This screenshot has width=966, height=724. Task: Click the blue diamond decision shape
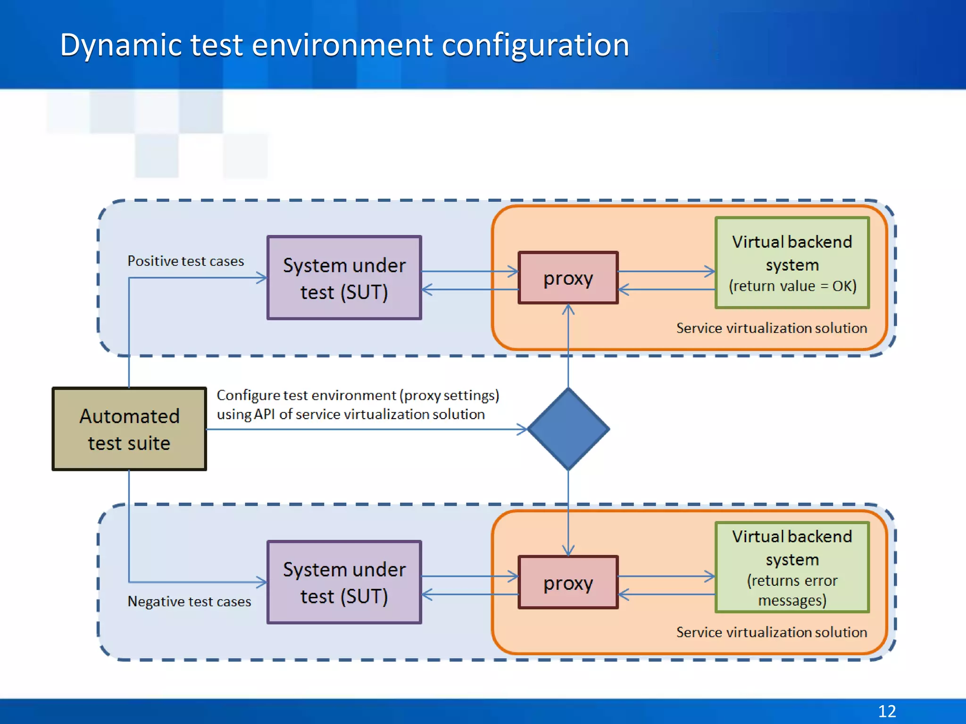(568, 429)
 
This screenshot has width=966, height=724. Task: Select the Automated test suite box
(129, 429)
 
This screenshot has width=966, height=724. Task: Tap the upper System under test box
(344, 278)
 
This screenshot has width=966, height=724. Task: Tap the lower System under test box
(344, 582)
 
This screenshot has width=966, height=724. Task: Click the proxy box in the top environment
(568, 278)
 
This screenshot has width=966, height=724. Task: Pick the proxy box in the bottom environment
(568, 583)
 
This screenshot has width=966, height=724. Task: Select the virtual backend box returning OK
(792, 263)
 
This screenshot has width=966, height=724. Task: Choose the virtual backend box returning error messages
(792, 567)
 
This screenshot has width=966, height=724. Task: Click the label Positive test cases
(186, 261)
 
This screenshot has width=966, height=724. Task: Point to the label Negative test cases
(189, 601)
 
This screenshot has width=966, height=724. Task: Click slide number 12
(887, 711)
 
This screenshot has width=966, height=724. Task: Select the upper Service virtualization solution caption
(772, 328)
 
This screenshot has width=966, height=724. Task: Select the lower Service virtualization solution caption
(772, 632)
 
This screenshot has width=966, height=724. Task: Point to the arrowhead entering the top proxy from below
(568, 309)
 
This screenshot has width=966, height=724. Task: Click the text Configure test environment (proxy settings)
(358, 395)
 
